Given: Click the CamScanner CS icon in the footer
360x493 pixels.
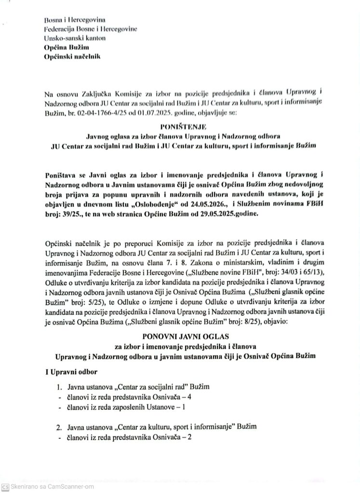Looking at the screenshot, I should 6,486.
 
